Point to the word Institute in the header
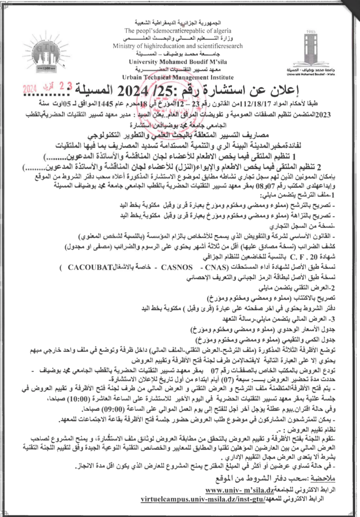coord(219,77)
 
